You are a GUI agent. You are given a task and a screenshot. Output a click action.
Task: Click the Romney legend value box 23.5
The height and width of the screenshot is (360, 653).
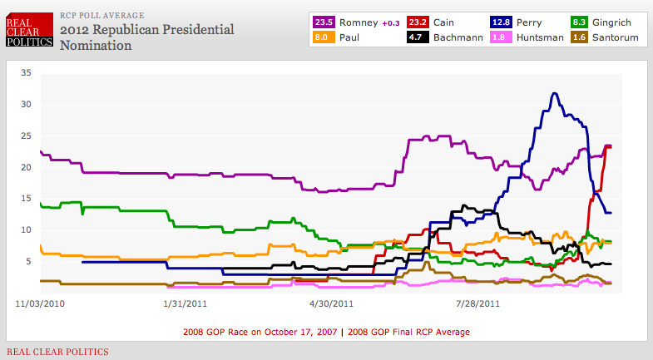click(324, 21)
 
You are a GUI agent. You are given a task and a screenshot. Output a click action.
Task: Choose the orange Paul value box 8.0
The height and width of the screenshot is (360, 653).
click(324, 37)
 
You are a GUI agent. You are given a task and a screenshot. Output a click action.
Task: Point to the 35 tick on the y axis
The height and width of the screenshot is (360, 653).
click(27, 73)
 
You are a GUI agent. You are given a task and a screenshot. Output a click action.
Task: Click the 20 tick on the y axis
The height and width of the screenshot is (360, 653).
click(27, 167)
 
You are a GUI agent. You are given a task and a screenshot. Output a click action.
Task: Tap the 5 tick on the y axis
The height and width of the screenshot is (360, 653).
click(28, 261)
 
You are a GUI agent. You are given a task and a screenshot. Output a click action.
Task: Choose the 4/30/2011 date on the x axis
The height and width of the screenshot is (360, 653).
click(331, 303)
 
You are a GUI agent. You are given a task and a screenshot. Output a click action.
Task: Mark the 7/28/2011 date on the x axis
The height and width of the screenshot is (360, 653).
click(478, 303)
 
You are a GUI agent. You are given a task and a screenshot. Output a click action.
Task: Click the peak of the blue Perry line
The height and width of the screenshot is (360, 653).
click(554, 93)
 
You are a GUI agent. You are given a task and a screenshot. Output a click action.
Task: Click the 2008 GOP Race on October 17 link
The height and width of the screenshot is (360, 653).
click(260, 333)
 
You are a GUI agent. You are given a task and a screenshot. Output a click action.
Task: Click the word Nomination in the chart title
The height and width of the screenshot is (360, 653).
click(96, 46)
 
